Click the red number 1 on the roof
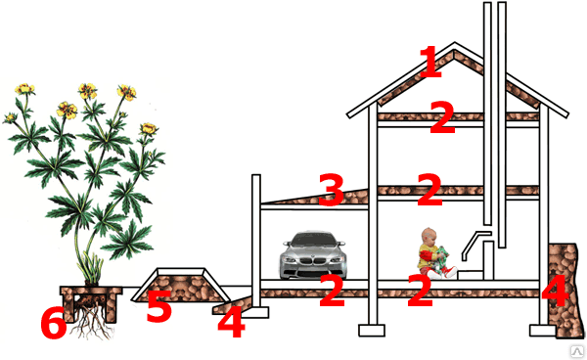[431, 62]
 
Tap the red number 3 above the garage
[332, 190]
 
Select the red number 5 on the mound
[159, 306]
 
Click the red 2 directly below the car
[332, 291]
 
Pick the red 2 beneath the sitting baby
[421, 291]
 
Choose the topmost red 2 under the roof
[442, 117]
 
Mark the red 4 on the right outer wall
[555, 291]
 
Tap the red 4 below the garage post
[231, 321]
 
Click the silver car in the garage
[313, 255]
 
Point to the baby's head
[429, 236]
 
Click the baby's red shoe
[448, 271]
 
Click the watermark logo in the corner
[577, 351]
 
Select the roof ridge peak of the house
[455, 43]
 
